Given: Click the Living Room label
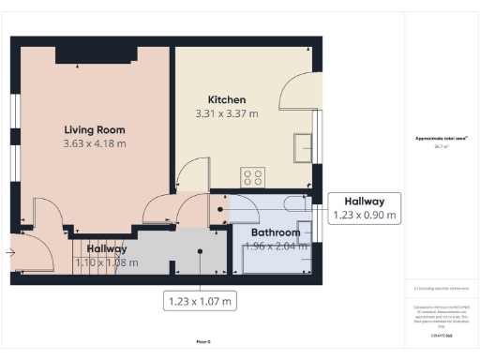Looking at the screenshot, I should pyautogui.click(x=94, y=129).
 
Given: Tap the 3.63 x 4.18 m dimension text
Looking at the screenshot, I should pyautogui.click(x=94, y=144).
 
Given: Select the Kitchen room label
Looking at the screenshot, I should pyautogui.click(x=226, y=99).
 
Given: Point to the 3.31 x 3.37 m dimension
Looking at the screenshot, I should pyautogui.click(x=226, y=113).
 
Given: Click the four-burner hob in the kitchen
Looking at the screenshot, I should pyautogui.click(x=252, y=176).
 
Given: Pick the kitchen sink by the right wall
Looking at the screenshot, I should pyautogui.click(x=303, y=148).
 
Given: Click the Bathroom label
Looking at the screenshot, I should pyautogui.click(x=275, y=232).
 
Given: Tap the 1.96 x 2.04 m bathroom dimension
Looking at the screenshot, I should pyautogui.click(x=275, y=247).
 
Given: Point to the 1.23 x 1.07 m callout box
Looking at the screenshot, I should pyautogui.click(x=200, y=300).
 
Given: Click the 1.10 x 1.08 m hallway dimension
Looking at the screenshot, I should pyautogui.click(x=100, y=264).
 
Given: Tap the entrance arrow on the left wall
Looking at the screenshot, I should pyautogui.click(x=9, y=251).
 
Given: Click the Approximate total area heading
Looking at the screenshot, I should pyautogui.click(x=442, y=139).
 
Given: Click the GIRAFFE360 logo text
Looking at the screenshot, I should pyautogui.click(x=442, y=334).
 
